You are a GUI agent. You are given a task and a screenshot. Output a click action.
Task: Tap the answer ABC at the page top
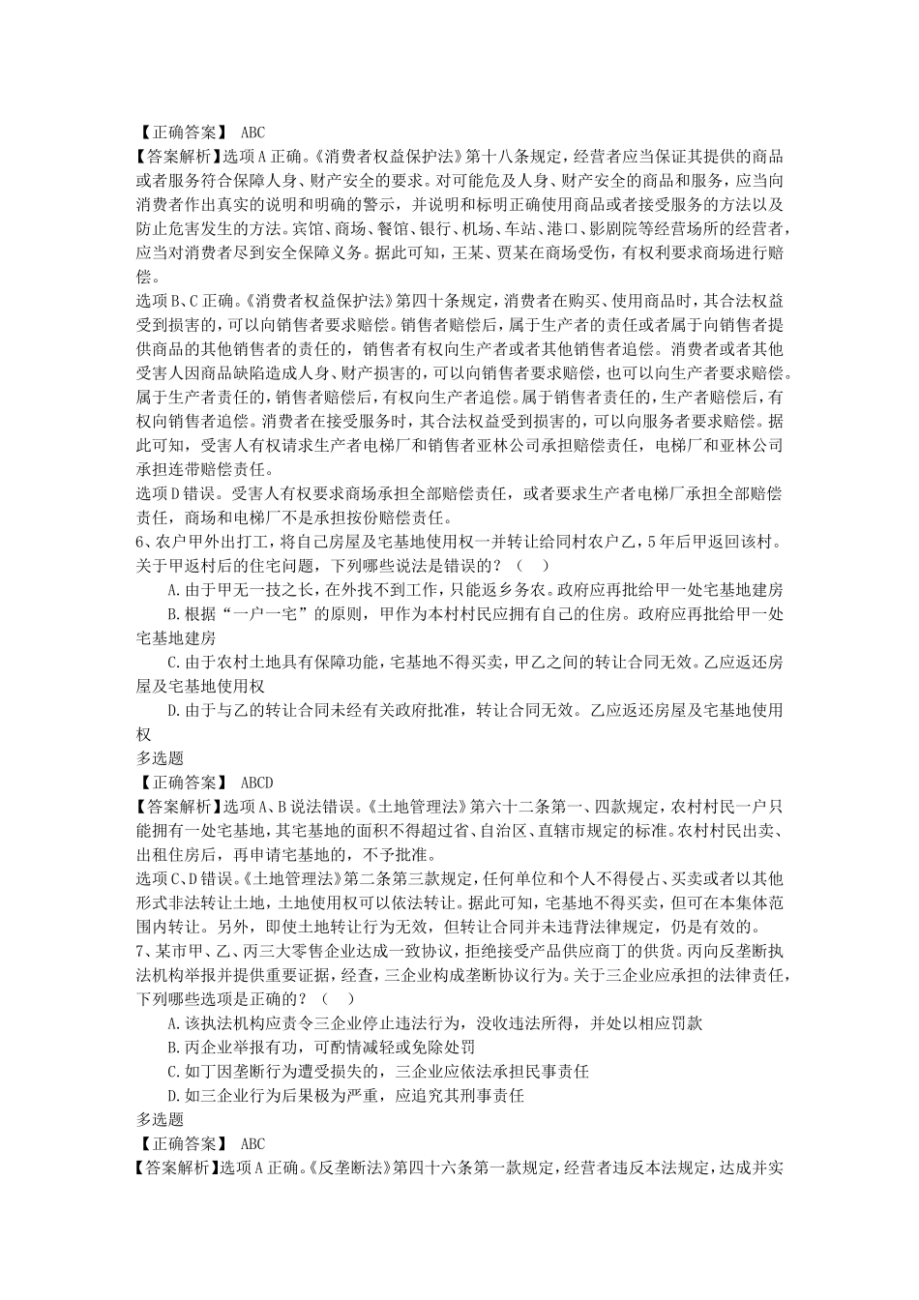pos(252,133)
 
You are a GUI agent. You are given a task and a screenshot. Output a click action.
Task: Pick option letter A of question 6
pos(171,589)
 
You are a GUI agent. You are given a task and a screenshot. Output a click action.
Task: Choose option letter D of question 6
pos(171,711)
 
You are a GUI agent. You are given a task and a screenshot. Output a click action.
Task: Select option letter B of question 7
pos(171,1047)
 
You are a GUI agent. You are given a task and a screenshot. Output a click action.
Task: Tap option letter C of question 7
pos(171,1071)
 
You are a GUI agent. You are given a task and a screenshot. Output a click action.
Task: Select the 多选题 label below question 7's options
pos(160,1119)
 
